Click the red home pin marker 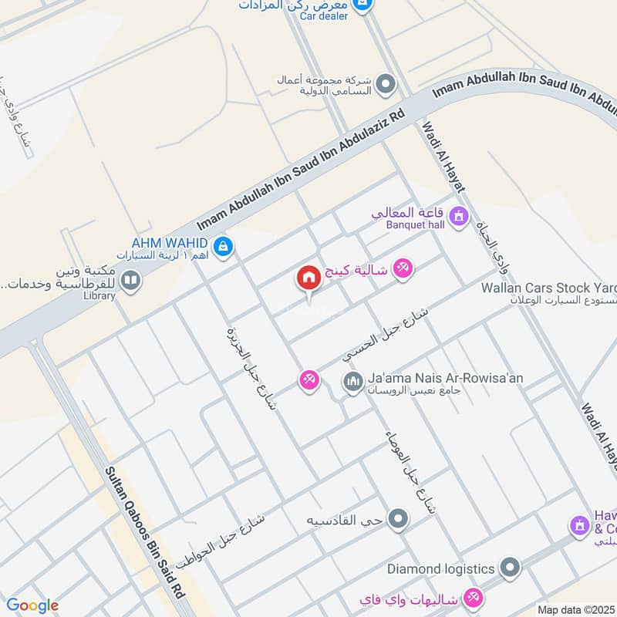coord(308,278)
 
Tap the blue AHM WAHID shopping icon coord(223,246)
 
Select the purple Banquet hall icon coord(460,217)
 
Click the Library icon coord(130,279)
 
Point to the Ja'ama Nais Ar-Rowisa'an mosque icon coord(352,382)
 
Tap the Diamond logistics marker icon coord(509,569)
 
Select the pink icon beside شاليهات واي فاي coord(474,597)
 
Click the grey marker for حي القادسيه coord(398,519)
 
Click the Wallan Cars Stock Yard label coord(548,287)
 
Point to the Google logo coord(32,605)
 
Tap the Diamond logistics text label coord(440,569)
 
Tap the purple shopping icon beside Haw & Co coord(579,527)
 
